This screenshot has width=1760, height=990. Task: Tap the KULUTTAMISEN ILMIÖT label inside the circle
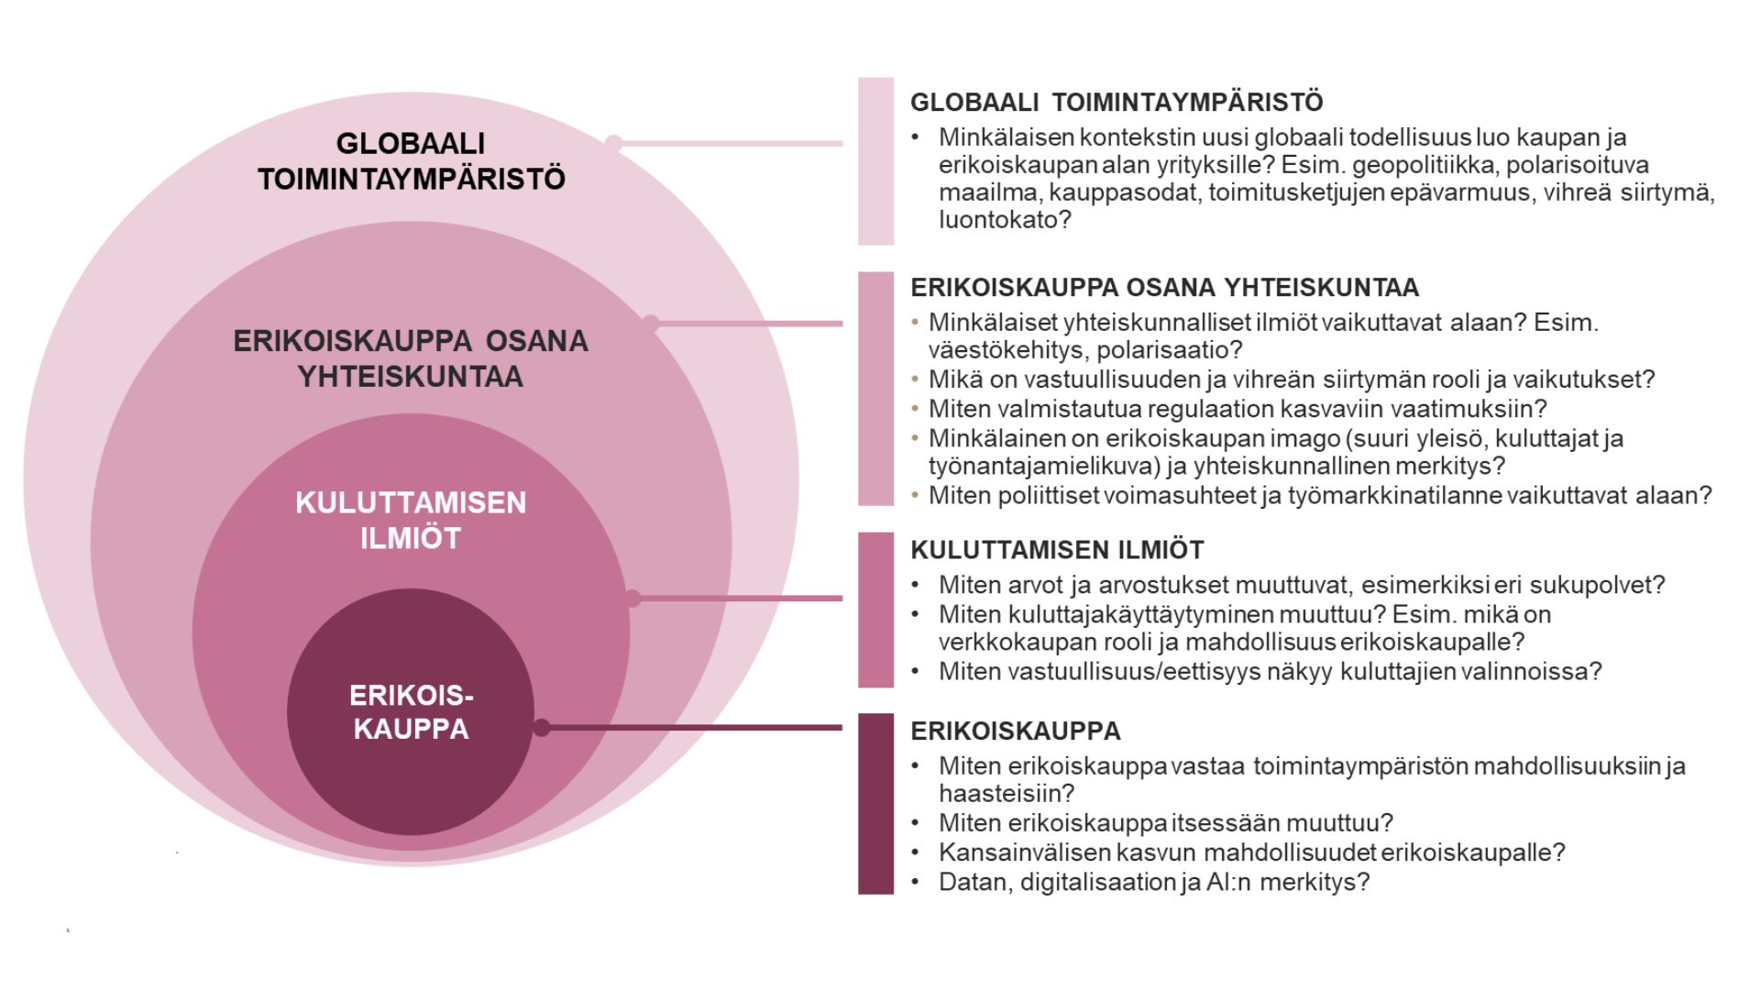(x=410, y=520)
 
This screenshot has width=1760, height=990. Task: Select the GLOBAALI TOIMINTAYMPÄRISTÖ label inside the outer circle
(x=411, y=160)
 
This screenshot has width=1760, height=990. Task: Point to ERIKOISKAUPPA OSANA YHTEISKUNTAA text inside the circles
(x=410, y=358)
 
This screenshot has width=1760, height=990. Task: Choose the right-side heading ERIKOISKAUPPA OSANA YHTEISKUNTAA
(x=1164, y=288)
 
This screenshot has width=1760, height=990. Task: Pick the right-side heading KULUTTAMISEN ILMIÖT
(x=1057, y=550)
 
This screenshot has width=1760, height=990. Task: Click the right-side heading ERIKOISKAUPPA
(x=1016, y=731)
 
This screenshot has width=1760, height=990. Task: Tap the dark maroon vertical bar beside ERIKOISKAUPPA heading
(x=875, y=803)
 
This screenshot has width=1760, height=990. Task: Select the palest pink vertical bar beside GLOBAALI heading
(x=875, y=161)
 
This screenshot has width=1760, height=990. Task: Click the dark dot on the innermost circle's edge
(x=542, y=728)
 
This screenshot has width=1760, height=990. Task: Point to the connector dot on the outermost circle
(x=614, y=143)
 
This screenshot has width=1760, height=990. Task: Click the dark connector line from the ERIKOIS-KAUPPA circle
(x=697, y=728)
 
